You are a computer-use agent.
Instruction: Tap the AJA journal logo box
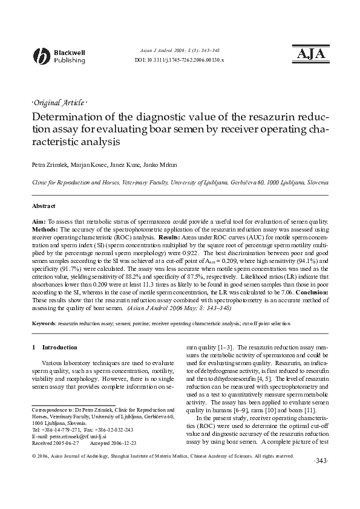[x=310, y=54]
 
